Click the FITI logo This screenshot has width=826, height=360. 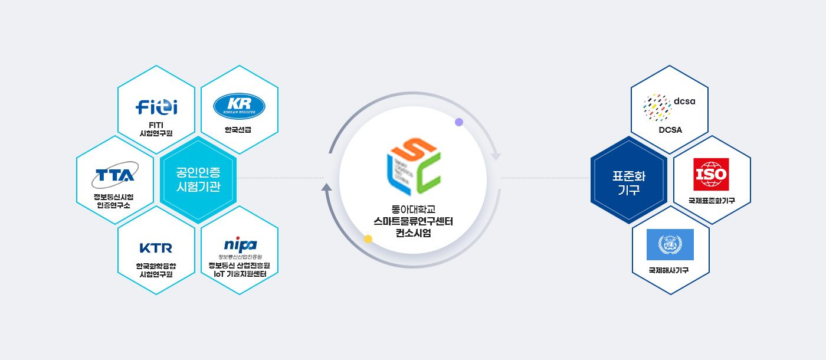click(156, 107)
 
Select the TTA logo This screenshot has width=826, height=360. click(115, 175)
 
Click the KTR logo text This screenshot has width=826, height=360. click(156, 247)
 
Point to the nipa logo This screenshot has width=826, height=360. click(240, 244)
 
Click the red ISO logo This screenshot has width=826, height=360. click(711, 174)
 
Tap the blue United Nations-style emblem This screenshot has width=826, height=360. click(670, 244)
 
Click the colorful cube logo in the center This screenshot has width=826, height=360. click(413, 167)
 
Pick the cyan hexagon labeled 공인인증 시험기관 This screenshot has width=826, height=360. click(198, 180)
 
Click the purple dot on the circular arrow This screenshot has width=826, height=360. click(459, 122)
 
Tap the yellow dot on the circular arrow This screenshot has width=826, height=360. click(368, 239)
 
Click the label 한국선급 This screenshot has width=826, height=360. click(239, 129)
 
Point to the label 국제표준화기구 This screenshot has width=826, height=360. click(712, 201)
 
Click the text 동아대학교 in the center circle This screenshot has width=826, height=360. click(413, 209)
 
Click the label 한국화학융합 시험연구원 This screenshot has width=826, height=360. click(156, 270)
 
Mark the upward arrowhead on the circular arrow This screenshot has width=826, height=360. click(326, 187)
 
